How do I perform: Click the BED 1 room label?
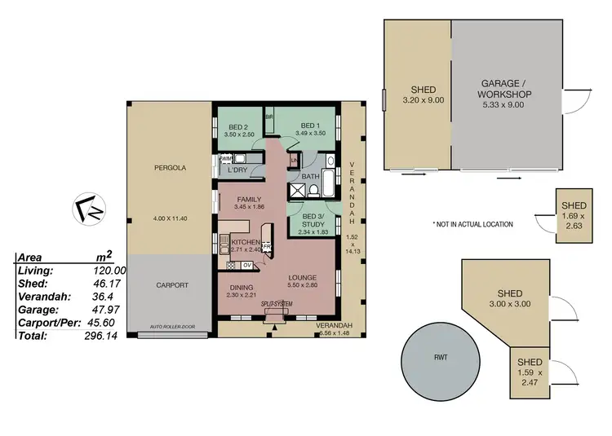point(301,127)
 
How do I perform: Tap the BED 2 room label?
point(237,127)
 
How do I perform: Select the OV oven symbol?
point(246,265)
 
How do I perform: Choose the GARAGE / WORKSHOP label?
point(506,89)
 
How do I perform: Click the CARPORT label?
point(171,285)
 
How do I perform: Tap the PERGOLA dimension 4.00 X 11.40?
point(171,219)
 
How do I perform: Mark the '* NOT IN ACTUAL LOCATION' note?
point(472,224)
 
